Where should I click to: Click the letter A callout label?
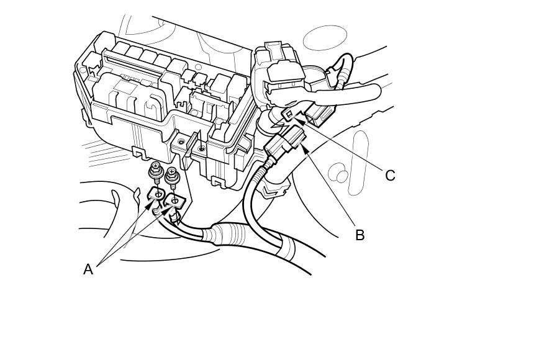(88, 269)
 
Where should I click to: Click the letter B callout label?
(360, 235)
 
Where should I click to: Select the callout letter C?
(390, 176)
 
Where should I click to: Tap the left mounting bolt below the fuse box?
(155, 173)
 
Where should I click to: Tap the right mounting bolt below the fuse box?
(173, 178)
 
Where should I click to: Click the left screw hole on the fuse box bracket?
(181, 142)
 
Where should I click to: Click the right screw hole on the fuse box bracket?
(201, 149)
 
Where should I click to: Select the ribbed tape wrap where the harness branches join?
(230, 235)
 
